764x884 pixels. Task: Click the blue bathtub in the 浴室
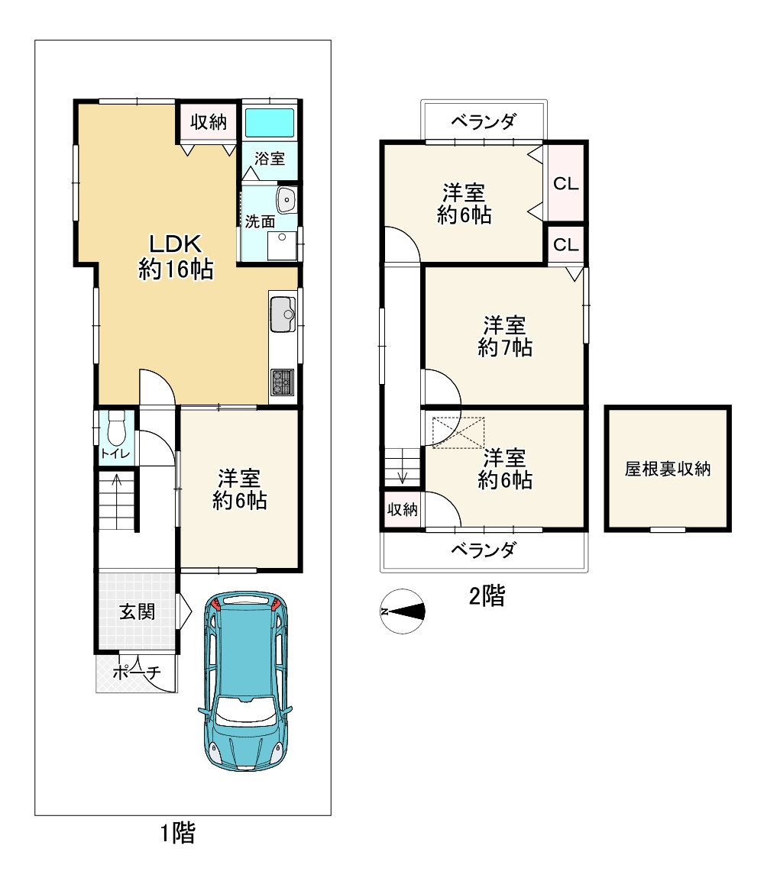pyautogui.click(x=270, y=122)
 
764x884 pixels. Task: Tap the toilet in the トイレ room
pyautogui.click(x=116, y=428)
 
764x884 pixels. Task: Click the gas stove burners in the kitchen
pyautogui.click(x=283, y=382)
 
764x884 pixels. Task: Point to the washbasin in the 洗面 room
pyautogui.click(x=286, y=199)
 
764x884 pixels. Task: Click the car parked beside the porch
pyautogui.click(x=245, y=680)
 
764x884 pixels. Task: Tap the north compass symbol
pyautogui.click(x=403, y=611)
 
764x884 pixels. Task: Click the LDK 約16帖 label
pyautogui.click(x=176, y=256)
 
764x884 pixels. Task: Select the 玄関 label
pyautogui.click(x=137, y=611)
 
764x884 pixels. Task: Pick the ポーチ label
pyautogui.click(x=137, y=672)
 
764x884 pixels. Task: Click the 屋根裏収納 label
pyautogui.click(x=668, y=469)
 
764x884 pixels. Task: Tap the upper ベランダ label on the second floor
pyautogui.click(x=484, y=121)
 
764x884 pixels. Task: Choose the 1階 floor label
pyautogui.click(x=178, y=833)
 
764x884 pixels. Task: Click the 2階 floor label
pyautogui.click(x=487, y=595)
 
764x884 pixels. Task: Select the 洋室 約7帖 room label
pyautogui.click(x=505, y=336)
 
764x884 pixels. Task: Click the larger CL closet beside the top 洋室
pyautogui.click(x=565, y=182)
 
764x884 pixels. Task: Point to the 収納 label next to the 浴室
pyautogui.click(x=209, y=122)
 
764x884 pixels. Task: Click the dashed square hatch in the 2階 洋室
pyautogui.click(x=458, y=432)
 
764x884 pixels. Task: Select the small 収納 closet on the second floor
pyautogui.click(x=403, y=509)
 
